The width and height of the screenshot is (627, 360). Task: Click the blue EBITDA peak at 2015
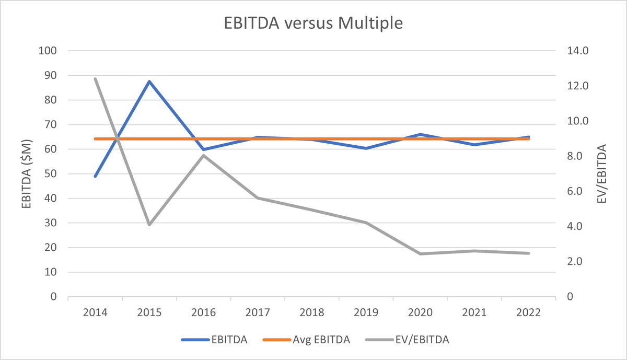[x=149, y=82]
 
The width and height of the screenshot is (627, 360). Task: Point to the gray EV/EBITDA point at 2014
[x=95, y=79]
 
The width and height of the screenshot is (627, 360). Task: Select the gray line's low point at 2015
[x=149, y=225]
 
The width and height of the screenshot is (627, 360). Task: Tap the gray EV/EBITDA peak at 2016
[x=203, y=155]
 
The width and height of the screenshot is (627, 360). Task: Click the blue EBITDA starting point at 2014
[x=95, y=177]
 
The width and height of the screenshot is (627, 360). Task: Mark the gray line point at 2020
[x=420, y=254]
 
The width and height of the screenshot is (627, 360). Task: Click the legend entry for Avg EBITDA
[x=328, y=340]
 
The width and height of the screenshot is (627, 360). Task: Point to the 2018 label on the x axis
[x=311, y=312]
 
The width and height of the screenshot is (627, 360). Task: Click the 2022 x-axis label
[x=528, y=312]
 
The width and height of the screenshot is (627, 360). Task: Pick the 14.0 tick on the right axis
[x=578, y=51]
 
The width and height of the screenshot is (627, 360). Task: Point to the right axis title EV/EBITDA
[x=606, y=174]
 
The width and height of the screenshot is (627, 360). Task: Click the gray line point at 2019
[x=366, y=223]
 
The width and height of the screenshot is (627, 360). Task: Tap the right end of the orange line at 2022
[x=529, y=139]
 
